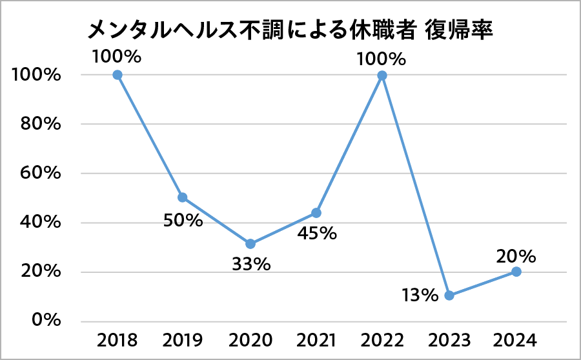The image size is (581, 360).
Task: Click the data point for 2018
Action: coord(117,75)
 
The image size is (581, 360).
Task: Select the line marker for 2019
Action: coord(183,197)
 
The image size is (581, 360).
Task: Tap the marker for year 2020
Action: coord(250,244)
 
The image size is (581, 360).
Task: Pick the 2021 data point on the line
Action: coord(316,213)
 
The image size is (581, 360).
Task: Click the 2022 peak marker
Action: coord(382,75)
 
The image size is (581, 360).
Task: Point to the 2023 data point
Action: coord(449,295)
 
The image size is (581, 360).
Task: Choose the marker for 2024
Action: coord(516,272)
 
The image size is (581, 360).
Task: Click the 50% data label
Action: coord(183,221)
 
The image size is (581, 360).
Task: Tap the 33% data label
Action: coord(250,265)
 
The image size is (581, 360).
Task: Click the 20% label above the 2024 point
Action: coord(516,256)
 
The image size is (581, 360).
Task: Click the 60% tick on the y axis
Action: coord(36,174)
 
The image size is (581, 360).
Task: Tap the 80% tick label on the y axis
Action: coord(36,124)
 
